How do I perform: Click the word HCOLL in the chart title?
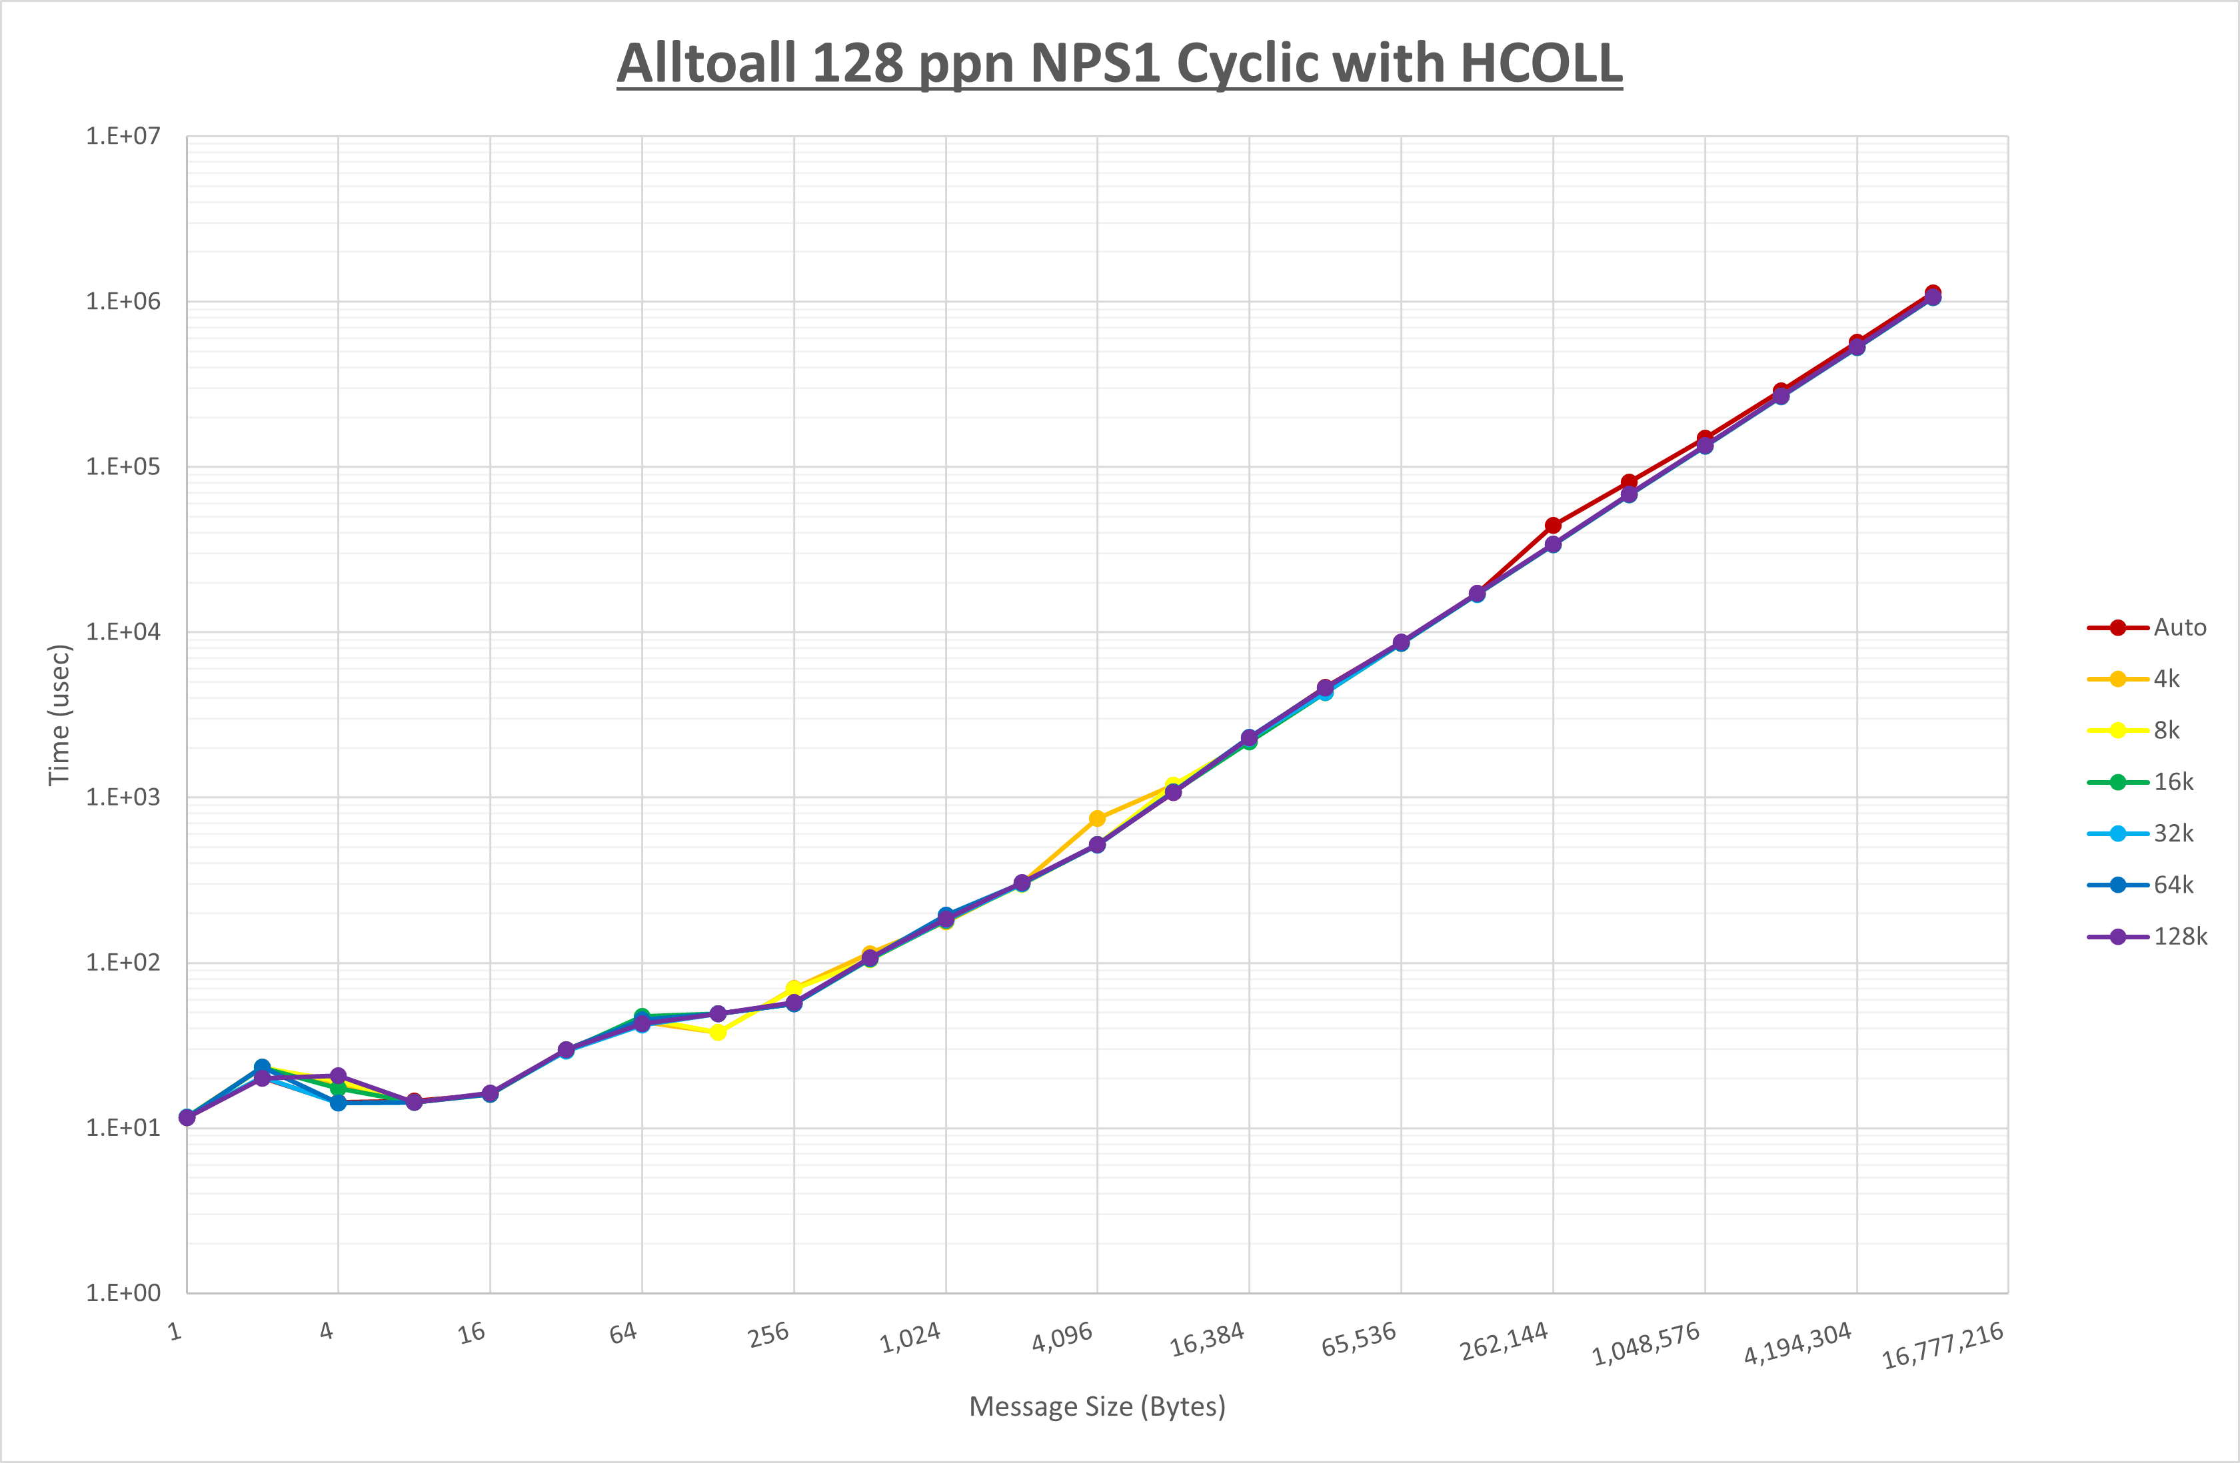1541,63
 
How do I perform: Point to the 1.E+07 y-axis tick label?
123,137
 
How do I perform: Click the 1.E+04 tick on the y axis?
123,632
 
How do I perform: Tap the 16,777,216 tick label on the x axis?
1943,1345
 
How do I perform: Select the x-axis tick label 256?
769,1334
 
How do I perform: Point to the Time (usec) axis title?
59,714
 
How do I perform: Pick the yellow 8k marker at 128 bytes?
718,1032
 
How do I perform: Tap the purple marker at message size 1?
187,1118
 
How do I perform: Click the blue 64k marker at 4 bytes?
338,1103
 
